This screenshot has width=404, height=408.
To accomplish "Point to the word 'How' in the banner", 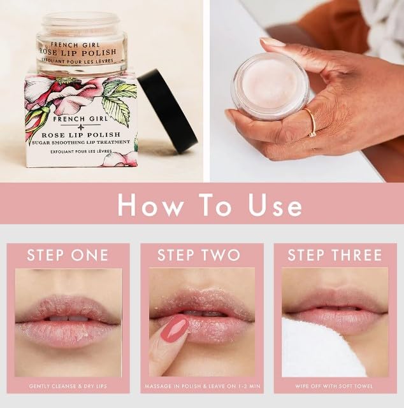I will (x=150, y=206).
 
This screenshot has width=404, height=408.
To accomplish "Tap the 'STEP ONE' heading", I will (x=68, y=255).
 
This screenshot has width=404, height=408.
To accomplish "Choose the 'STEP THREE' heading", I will (x=335, y=255).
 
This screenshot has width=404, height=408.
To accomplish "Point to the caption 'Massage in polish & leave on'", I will (x=202, y=386).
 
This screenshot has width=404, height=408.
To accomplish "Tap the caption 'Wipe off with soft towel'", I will (x=335, y=386).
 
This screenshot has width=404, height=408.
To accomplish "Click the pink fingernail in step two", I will (x=175, y=328).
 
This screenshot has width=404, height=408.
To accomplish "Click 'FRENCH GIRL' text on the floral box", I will (x=80, y=119).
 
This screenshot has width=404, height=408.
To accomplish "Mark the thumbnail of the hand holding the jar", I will (x=273, y=43).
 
